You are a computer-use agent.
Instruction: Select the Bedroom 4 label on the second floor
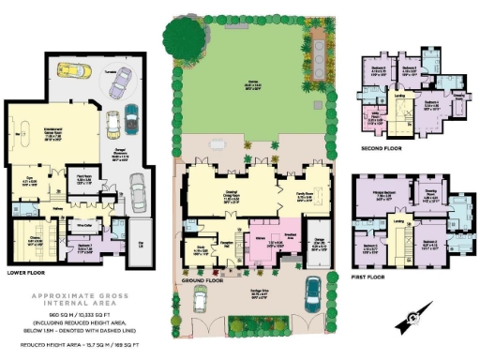(x=380, y=69)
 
